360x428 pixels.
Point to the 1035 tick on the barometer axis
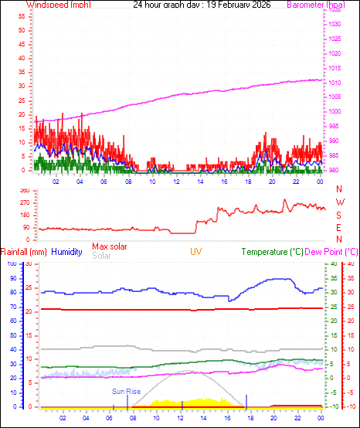pos(334,25)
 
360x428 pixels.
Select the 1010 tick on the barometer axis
pos(334,82)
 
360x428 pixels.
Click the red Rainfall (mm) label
pos(24,252)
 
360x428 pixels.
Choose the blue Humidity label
pos(66,252)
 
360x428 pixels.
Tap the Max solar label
pos(110,246)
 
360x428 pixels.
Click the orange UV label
pos(196,252)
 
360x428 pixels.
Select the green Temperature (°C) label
pos(273,252)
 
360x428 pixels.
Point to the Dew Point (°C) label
pos(332,252)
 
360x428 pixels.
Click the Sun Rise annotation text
pos(127,392)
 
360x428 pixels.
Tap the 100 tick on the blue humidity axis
pos(12,264)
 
